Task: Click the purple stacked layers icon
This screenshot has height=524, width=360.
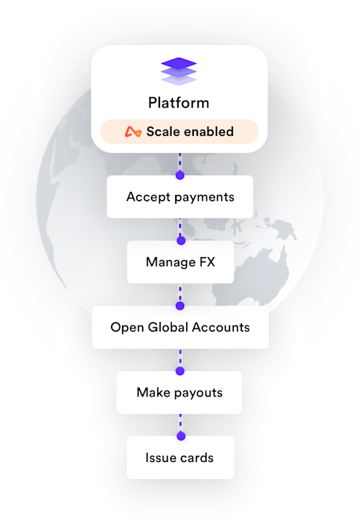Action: [x=179, y=71]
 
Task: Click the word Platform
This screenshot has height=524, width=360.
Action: [x=179, y=103]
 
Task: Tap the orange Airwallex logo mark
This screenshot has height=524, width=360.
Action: [x=133, y=132]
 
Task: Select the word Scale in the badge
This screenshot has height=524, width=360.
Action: [x=161, y=131]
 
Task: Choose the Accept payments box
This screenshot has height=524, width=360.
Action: [x=180, y=196]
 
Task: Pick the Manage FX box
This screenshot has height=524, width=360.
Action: [x=181, y=262]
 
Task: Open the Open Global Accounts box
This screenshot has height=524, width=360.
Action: [x=180, y=327]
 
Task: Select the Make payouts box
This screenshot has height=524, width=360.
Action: [x=179, y=392]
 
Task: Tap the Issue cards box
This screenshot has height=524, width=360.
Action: [x=181, y=458]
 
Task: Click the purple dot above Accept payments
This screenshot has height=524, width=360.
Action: [x=180, y=174]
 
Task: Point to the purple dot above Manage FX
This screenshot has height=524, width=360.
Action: [x=181, y=240]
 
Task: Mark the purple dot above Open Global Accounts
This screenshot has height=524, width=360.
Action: [x=180, y=305]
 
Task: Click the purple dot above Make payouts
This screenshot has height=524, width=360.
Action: [x=180, y=371]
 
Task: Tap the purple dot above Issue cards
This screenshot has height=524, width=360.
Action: [x=181, y=436]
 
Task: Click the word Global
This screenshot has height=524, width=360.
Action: [x=168, y=327]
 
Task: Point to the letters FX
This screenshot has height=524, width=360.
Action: [x=208, y=262]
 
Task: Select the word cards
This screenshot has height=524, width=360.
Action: [x=196, y=458]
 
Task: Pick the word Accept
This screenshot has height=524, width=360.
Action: [x=148, y=197]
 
